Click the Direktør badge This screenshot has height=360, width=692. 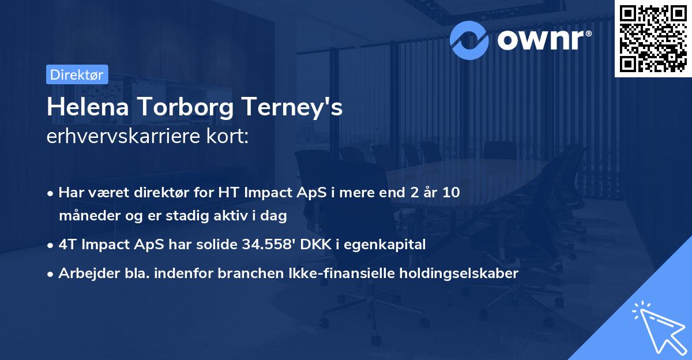coord(76,74)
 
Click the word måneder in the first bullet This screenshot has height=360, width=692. coord(88,216)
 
